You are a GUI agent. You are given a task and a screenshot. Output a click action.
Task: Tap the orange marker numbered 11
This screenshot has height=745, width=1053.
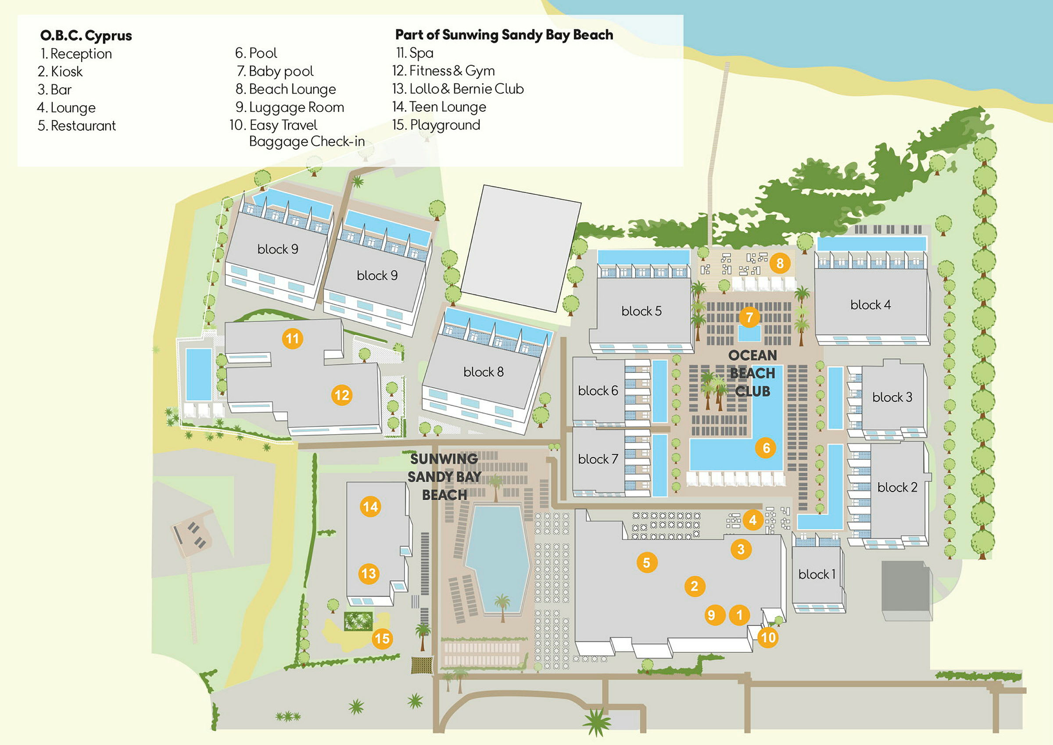tap(292, 339)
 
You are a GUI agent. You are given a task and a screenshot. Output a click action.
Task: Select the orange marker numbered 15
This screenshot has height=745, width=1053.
tap(382, 638)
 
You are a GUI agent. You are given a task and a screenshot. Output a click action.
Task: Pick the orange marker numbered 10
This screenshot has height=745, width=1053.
tap(768, 637)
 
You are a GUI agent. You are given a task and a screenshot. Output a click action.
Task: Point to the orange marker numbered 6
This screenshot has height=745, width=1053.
tap(766, 448)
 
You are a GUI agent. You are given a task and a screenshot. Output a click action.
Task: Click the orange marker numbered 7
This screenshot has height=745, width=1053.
tap(749, 317)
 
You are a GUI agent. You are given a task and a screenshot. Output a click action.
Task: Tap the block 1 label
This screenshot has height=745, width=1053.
tap(817, 574)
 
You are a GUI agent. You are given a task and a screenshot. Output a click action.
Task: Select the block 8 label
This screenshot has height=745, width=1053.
tap(484, 371)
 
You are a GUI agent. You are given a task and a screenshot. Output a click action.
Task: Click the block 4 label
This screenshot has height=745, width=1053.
tap(870, 305)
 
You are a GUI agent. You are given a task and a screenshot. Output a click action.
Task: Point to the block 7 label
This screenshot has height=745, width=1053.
tap(598, 459)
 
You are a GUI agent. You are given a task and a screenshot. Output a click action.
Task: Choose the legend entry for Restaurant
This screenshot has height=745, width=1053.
tap(77, 126)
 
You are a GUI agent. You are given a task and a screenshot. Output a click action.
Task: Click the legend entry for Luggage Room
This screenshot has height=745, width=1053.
tap(290, 107)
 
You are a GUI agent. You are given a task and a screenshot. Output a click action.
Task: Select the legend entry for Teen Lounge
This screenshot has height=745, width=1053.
tap(439, 107)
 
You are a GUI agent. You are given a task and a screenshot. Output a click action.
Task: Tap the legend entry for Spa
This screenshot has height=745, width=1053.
tap(415, 53)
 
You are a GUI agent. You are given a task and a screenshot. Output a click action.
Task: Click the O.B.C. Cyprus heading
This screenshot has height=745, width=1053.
tap(86, 36)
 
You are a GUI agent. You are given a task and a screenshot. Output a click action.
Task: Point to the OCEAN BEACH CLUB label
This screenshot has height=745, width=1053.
tap(752, 373)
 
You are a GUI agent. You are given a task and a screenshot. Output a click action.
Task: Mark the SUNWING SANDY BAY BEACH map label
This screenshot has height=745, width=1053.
tap(444, 477)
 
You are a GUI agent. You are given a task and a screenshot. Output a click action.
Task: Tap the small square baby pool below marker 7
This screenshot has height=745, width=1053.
tap(749, 334)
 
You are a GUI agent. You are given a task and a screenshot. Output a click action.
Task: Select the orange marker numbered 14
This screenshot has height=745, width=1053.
tap(370, 506)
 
